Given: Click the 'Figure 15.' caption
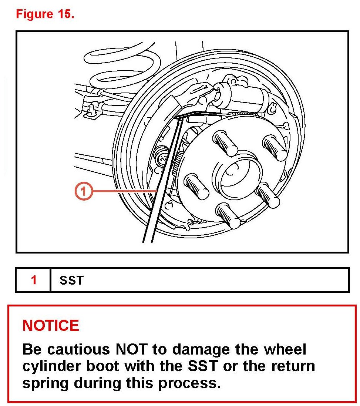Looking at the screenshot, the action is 45,14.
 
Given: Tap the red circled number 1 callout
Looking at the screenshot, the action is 83,191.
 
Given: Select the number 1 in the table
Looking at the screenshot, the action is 34,280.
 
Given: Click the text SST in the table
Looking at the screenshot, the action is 72,280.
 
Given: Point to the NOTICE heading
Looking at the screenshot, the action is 51,325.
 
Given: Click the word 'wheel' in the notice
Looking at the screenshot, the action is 285,349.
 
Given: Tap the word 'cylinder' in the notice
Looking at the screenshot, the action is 51,367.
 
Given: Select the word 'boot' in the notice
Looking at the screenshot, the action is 102,366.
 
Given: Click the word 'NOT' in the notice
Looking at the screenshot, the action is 131,349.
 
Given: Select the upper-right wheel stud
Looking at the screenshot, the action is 275,148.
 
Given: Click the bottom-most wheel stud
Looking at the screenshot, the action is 228,216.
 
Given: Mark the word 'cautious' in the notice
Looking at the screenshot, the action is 79,349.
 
